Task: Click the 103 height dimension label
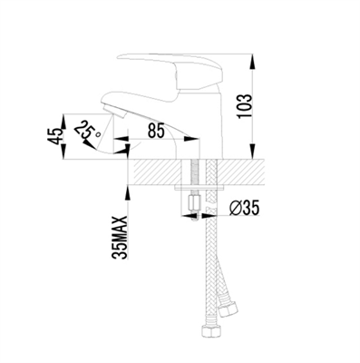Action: (245, 106)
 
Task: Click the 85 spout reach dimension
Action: (156, 131)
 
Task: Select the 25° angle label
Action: (88, 131)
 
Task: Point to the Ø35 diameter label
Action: (244, 209)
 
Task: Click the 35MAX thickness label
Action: (121, 238)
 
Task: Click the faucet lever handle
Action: (170, 69)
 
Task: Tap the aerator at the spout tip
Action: (115, 111)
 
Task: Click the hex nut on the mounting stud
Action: (194, 204)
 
